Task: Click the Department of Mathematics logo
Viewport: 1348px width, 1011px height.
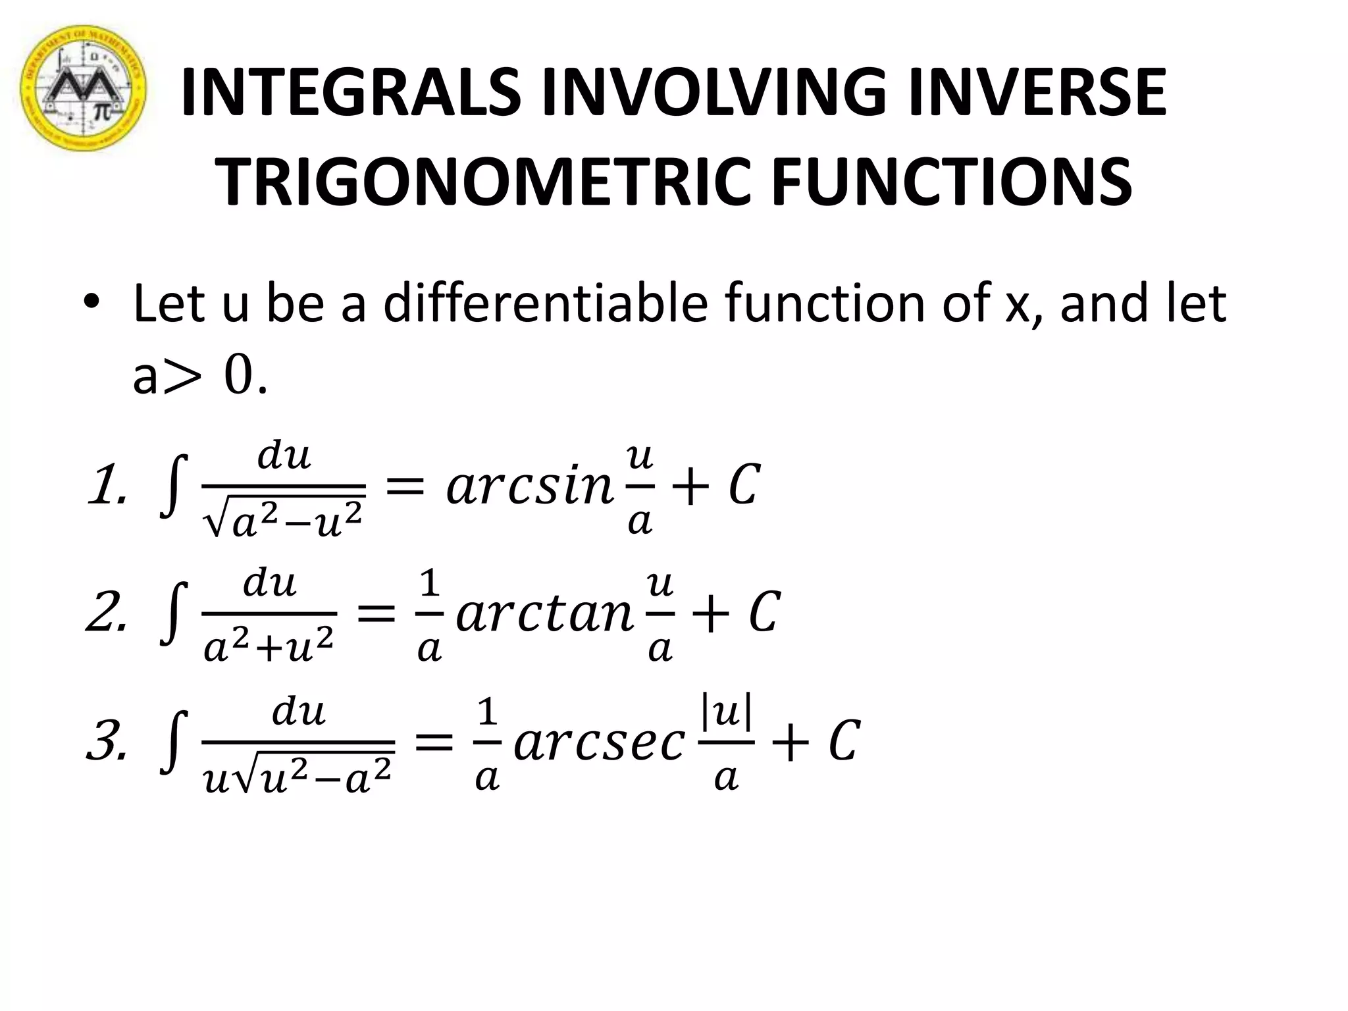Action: tap(82, 88)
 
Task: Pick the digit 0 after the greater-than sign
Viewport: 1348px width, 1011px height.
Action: tap(238, 377)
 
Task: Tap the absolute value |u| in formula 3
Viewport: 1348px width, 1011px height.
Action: tap(727, 712)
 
